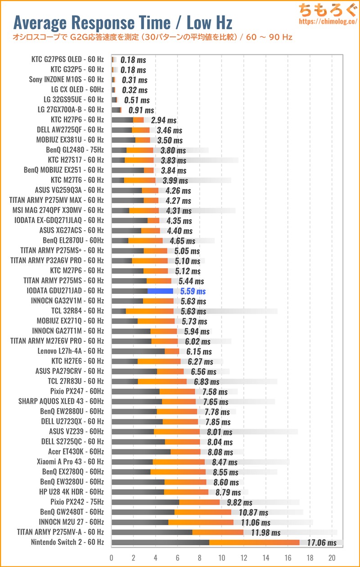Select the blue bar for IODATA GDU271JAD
tap(160, 291)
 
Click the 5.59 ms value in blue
tap(193, 291)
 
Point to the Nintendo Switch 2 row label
tap(67, 542)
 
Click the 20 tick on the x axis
tap(332, 557)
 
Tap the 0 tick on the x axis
tap(112, 557)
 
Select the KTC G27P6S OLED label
tap(67, 59)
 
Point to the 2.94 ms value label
tap(164, 120)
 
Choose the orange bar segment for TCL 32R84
tap(149, 311)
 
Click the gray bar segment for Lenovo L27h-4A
tap(138, 351)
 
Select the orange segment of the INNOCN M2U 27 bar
tap(201, 522)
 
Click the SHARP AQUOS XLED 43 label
tap(61, 401)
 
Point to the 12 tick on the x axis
tap(243, 557)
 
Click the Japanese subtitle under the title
tap(153, 37)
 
